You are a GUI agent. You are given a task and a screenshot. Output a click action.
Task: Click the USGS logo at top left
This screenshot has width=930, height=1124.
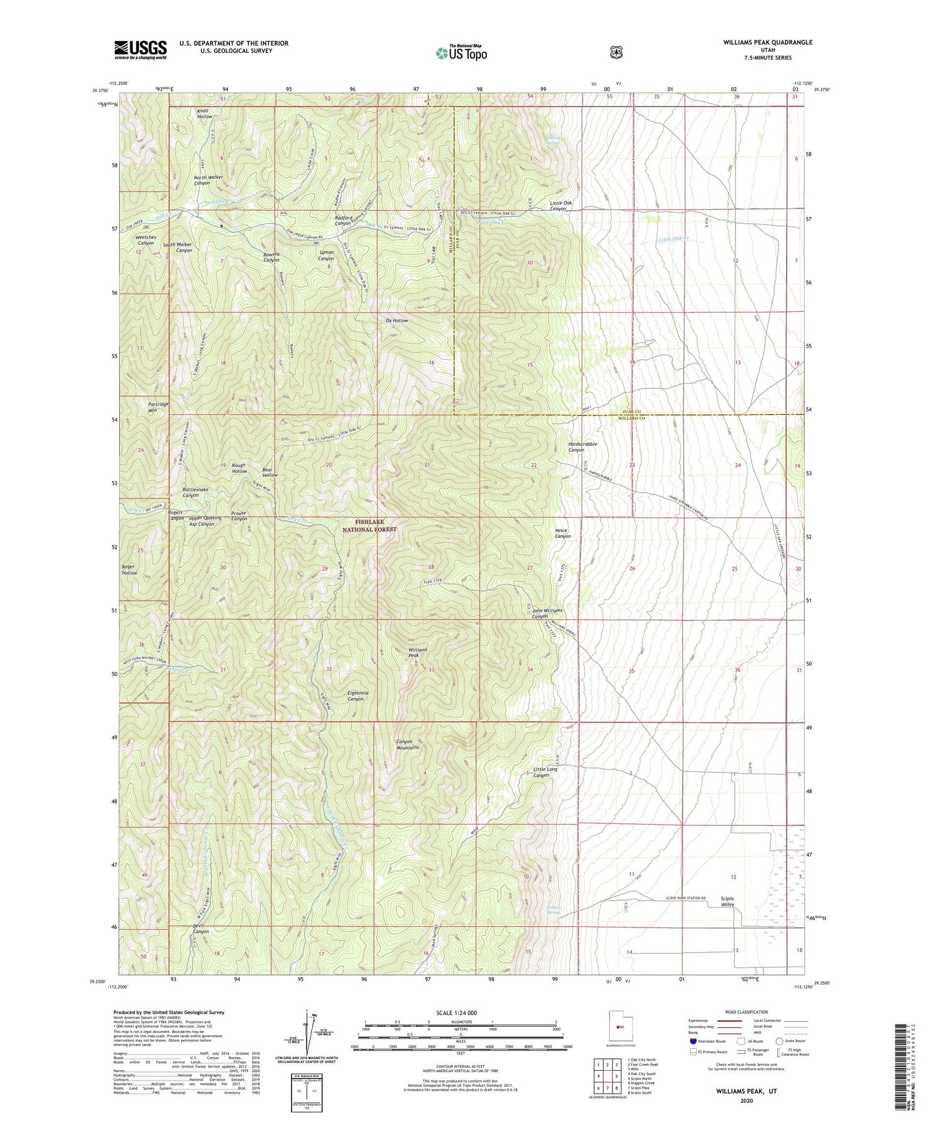tap(140, 50)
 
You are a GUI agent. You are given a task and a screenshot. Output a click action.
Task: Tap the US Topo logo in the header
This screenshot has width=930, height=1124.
tap(461, 53)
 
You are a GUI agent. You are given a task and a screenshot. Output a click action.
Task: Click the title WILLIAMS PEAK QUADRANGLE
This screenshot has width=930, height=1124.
tap(767, 43)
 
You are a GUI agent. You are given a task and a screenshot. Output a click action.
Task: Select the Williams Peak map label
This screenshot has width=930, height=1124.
tap(417, 652)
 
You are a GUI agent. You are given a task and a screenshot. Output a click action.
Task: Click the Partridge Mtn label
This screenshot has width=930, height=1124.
tap(141, 407)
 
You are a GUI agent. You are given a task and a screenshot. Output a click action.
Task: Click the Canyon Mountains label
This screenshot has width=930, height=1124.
tap(407, 744)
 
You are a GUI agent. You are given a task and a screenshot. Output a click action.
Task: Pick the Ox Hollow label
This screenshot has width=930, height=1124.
tap(397, 321)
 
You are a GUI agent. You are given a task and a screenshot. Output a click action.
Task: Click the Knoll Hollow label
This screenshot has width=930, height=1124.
tap(205, 113)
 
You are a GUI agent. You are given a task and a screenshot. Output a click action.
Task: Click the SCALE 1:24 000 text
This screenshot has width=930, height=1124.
tap(461, 1012)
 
